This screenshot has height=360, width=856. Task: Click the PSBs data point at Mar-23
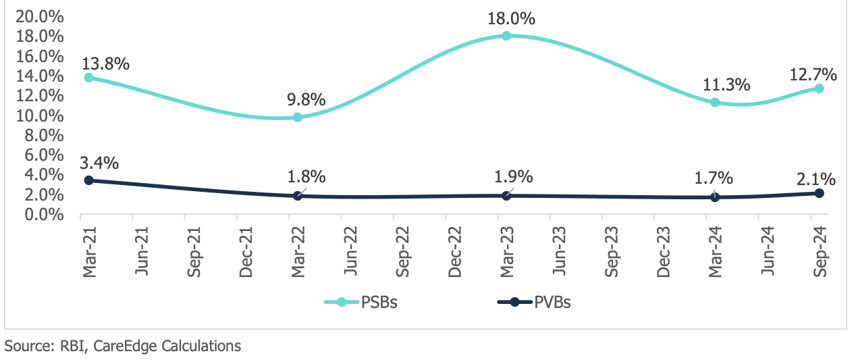tap(506, 36)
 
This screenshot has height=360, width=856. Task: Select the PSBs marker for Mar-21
tap(88, 77)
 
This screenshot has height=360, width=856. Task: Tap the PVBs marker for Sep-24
tap(819, 193)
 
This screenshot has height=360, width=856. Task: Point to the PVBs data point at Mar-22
tap(298, 196)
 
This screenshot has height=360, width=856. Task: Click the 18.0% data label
tap(512, 18)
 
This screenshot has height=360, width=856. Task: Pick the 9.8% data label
tap(305, 100)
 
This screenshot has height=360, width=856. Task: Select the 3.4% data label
tap(100, 163)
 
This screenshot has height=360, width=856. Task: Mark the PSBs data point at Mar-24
tap(715, 103)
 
